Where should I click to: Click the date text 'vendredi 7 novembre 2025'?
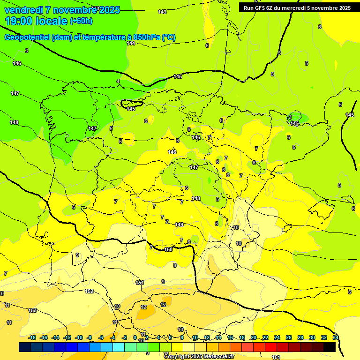(x=62, y=10)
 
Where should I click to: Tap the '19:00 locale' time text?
(x=37, y=21)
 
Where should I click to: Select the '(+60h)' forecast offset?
(x=82, y=21)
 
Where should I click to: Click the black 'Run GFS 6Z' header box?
(x=297, y=7)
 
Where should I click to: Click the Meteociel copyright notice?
(x=199, y=356)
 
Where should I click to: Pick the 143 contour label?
(x=162, y=12)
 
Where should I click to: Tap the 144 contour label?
(x=131, y=43)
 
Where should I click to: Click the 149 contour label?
(x=179, y=225)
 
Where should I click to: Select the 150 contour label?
(x=168, y=249)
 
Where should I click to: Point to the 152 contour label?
(x=89, y=291)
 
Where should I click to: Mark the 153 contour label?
(x=32, y=310)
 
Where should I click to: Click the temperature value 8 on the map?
(x=175, y=265)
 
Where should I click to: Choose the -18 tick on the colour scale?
(x=32, y=337)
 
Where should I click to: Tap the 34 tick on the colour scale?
(x=336, y=337)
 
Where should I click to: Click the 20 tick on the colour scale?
(x=254, y=337)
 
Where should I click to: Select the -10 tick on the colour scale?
(x=79, y=337)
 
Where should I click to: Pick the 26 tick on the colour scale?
(x=289, y=337)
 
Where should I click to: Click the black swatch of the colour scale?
(x=329, y=347)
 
